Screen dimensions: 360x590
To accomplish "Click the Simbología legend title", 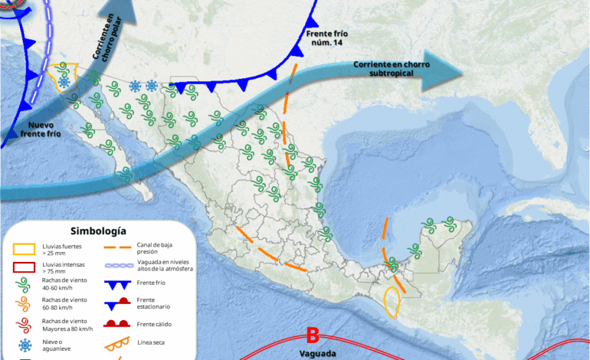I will [x=98, y=231].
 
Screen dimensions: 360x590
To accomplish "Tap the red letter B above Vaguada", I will [x=312, y=335].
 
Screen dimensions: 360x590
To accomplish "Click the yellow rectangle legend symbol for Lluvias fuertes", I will [x=25, y=248].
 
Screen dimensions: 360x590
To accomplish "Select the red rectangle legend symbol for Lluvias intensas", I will [x=25, y=267].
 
